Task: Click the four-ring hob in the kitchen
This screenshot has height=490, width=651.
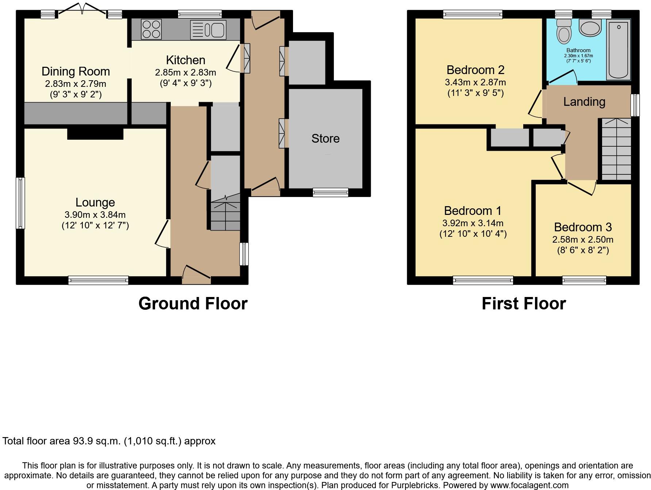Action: coord(151,29)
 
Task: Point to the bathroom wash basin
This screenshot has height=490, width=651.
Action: coord(590,28)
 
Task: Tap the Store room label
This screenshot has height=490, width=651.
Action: coord(325,139)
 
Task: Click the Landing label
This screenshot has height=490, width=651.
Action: coord(584,102)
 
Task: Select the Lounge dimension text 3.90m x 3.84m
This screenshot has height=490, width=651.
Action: coord(95,215)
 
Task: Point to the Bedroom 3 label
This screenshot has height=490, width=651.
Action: coord(583,227)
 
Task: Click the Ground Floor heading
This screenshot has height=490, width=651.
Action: coord(193,304)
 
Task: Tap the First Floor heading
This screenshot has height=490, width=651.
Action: coord(524,304)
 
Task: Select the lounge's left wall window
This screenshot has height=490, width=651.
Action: coord(21,203)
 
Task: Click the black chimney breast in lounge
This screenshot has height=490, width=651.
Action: coord(95,134)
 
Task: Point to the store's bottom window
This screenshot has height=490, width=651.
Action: coord(331,192)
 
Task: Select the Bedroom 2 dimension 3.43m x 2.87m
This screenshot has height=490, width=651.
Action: coord(475,82)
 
